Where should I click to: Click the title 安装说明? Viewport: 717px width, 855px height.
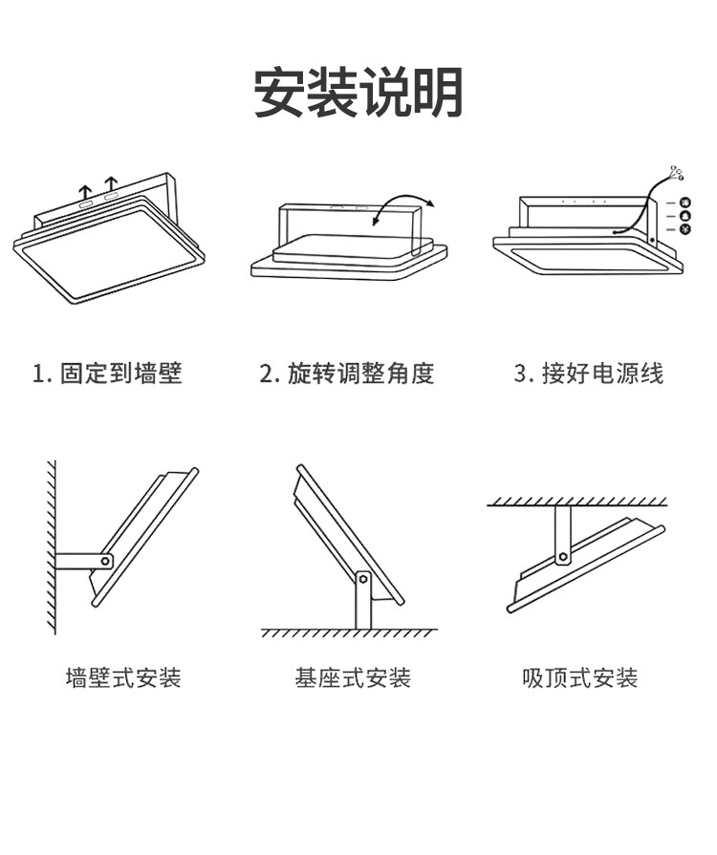pyautogui.click(x=358, y=93)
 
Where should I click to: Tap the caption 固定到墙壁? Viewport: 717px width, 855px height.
pyautogui.click(x=120, y=373)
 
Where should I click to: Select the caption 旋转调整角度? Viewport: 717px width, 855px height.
pyautogui.click(x=360, y=373)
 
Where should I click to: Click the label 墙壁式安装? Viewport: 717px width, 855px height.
pyautogui.click(x=123, y=678)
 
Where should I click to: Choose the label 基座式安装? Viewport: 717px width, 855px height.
pyautogui.click(x=353, y=678)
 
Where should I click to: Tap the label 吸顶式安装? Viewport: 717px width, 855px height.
pyautogui.click(x=580, y=678)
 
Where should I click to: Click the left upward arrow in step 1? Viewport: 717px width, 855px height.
pyautogui.click(x=85, y=190)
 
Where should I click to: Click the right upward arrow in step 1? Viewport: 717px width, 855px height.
pyautogui.click(x=111, y=184)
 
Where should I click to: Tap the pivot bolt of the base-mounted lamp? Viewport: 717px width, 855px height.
pyautogui.click(x=363, y=577)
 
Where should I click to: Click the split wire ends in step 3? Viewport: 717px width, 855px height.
pyautogui.click(x=677, y=173)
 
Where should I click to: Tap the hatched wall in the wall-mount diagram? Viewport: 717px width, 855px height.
pyautogui.click(x=50, y=545)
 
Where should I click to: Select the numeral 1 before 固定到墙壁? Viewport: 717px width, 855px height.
pyautogui.click(x=38, y=373)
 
